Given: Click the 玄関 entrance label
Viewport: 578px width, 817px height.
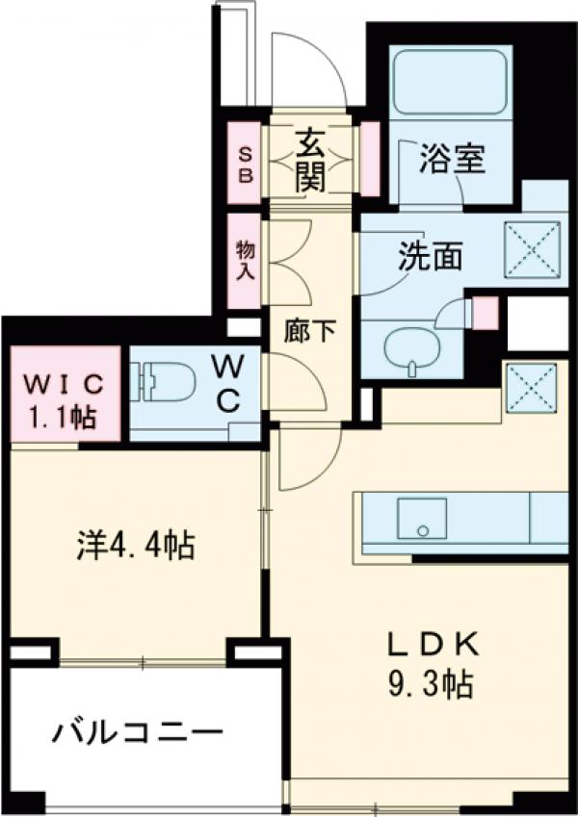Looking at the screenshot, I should click(x=310, y=159).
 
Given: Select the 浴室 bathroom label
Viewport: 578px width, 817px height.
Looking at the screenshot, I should click(x=451, y=160).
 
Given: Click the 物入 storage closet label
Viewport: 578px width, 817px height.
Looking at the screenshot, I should click(x=245, y=260).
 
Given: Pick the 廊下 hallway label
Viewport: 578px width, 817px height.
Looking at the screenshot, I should click(x=310, y=332).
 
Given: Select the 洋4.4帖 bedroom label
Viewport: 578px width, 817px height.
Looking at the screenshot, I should click(x=136, y=547).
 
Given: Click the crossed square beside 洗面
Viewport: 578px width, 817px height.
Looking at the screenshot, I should click(x=533, y=248).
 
